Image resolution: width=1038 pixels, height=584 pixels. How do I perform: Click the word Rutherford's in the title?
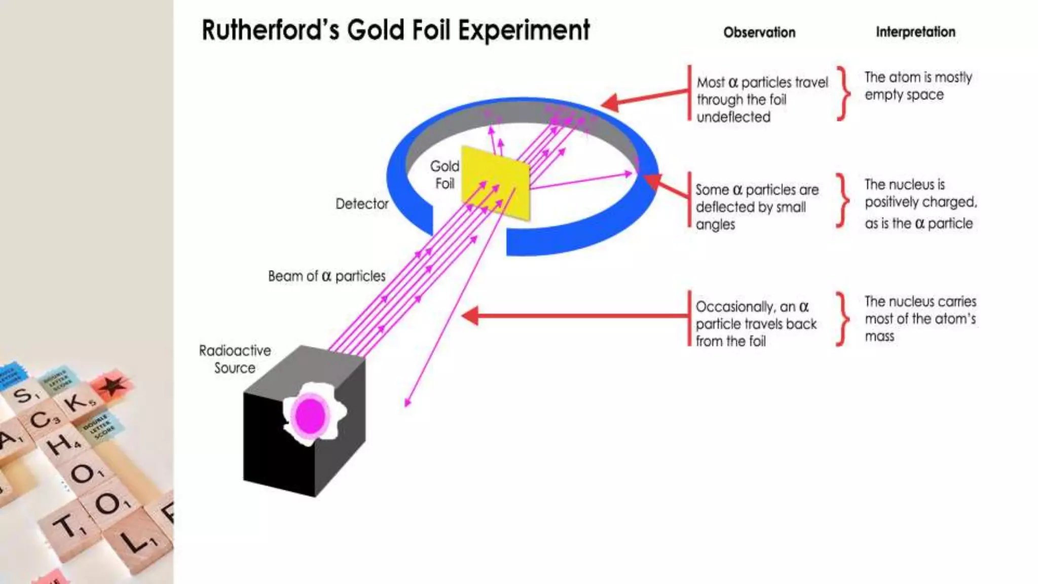[x=270, y=30]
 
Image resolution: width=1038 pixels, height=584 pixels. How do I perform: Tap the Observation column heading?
[x=759, y=32]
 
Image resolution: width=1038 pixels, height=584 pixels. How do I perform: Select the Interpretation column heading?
[x=915, y=32]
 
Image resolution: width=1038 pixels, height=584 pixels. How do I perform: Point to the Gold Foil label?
[x=444, y=174]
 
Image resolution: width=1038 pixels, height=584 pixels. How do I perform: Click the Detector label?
[x=362, y=204]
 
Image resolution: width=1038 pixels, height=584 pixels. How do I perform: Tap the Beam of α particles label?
[x=326, y=276]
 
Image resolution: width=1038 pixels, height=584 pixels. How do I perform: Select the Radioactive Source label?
[x=235, y=359]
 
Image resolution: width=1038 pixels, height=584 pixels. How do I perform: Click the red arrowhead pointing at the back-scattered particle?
[x=470, y=315]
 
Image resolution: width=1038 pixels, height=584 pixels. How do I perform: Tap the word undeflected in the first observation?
[x=733, y=117]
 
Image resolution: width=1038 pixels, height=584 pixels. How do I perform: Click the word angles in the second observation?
[x=715, y=225]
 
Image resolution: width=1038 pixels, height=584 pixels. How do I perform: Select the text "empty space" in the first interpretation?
[x=904, y=95]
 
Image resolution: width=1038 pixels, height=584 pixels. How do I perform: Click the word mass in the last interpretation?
[x=879, y=336]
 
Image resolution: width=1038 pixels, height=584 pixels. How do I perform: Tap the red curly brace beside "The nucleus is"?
[x=842, y=201]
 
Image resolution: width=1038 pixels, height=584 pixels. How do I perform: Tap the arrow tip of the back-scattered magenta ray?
[x=406, y=405]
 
